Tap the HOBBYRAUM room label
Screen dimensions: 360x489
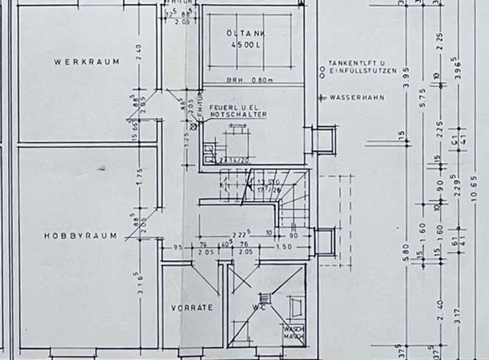pos(80,236)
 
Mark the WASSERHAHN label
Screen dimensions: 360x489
pos(355,98)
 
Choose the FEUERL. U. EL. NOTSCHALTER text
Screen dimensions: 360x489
pos(238,111)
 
